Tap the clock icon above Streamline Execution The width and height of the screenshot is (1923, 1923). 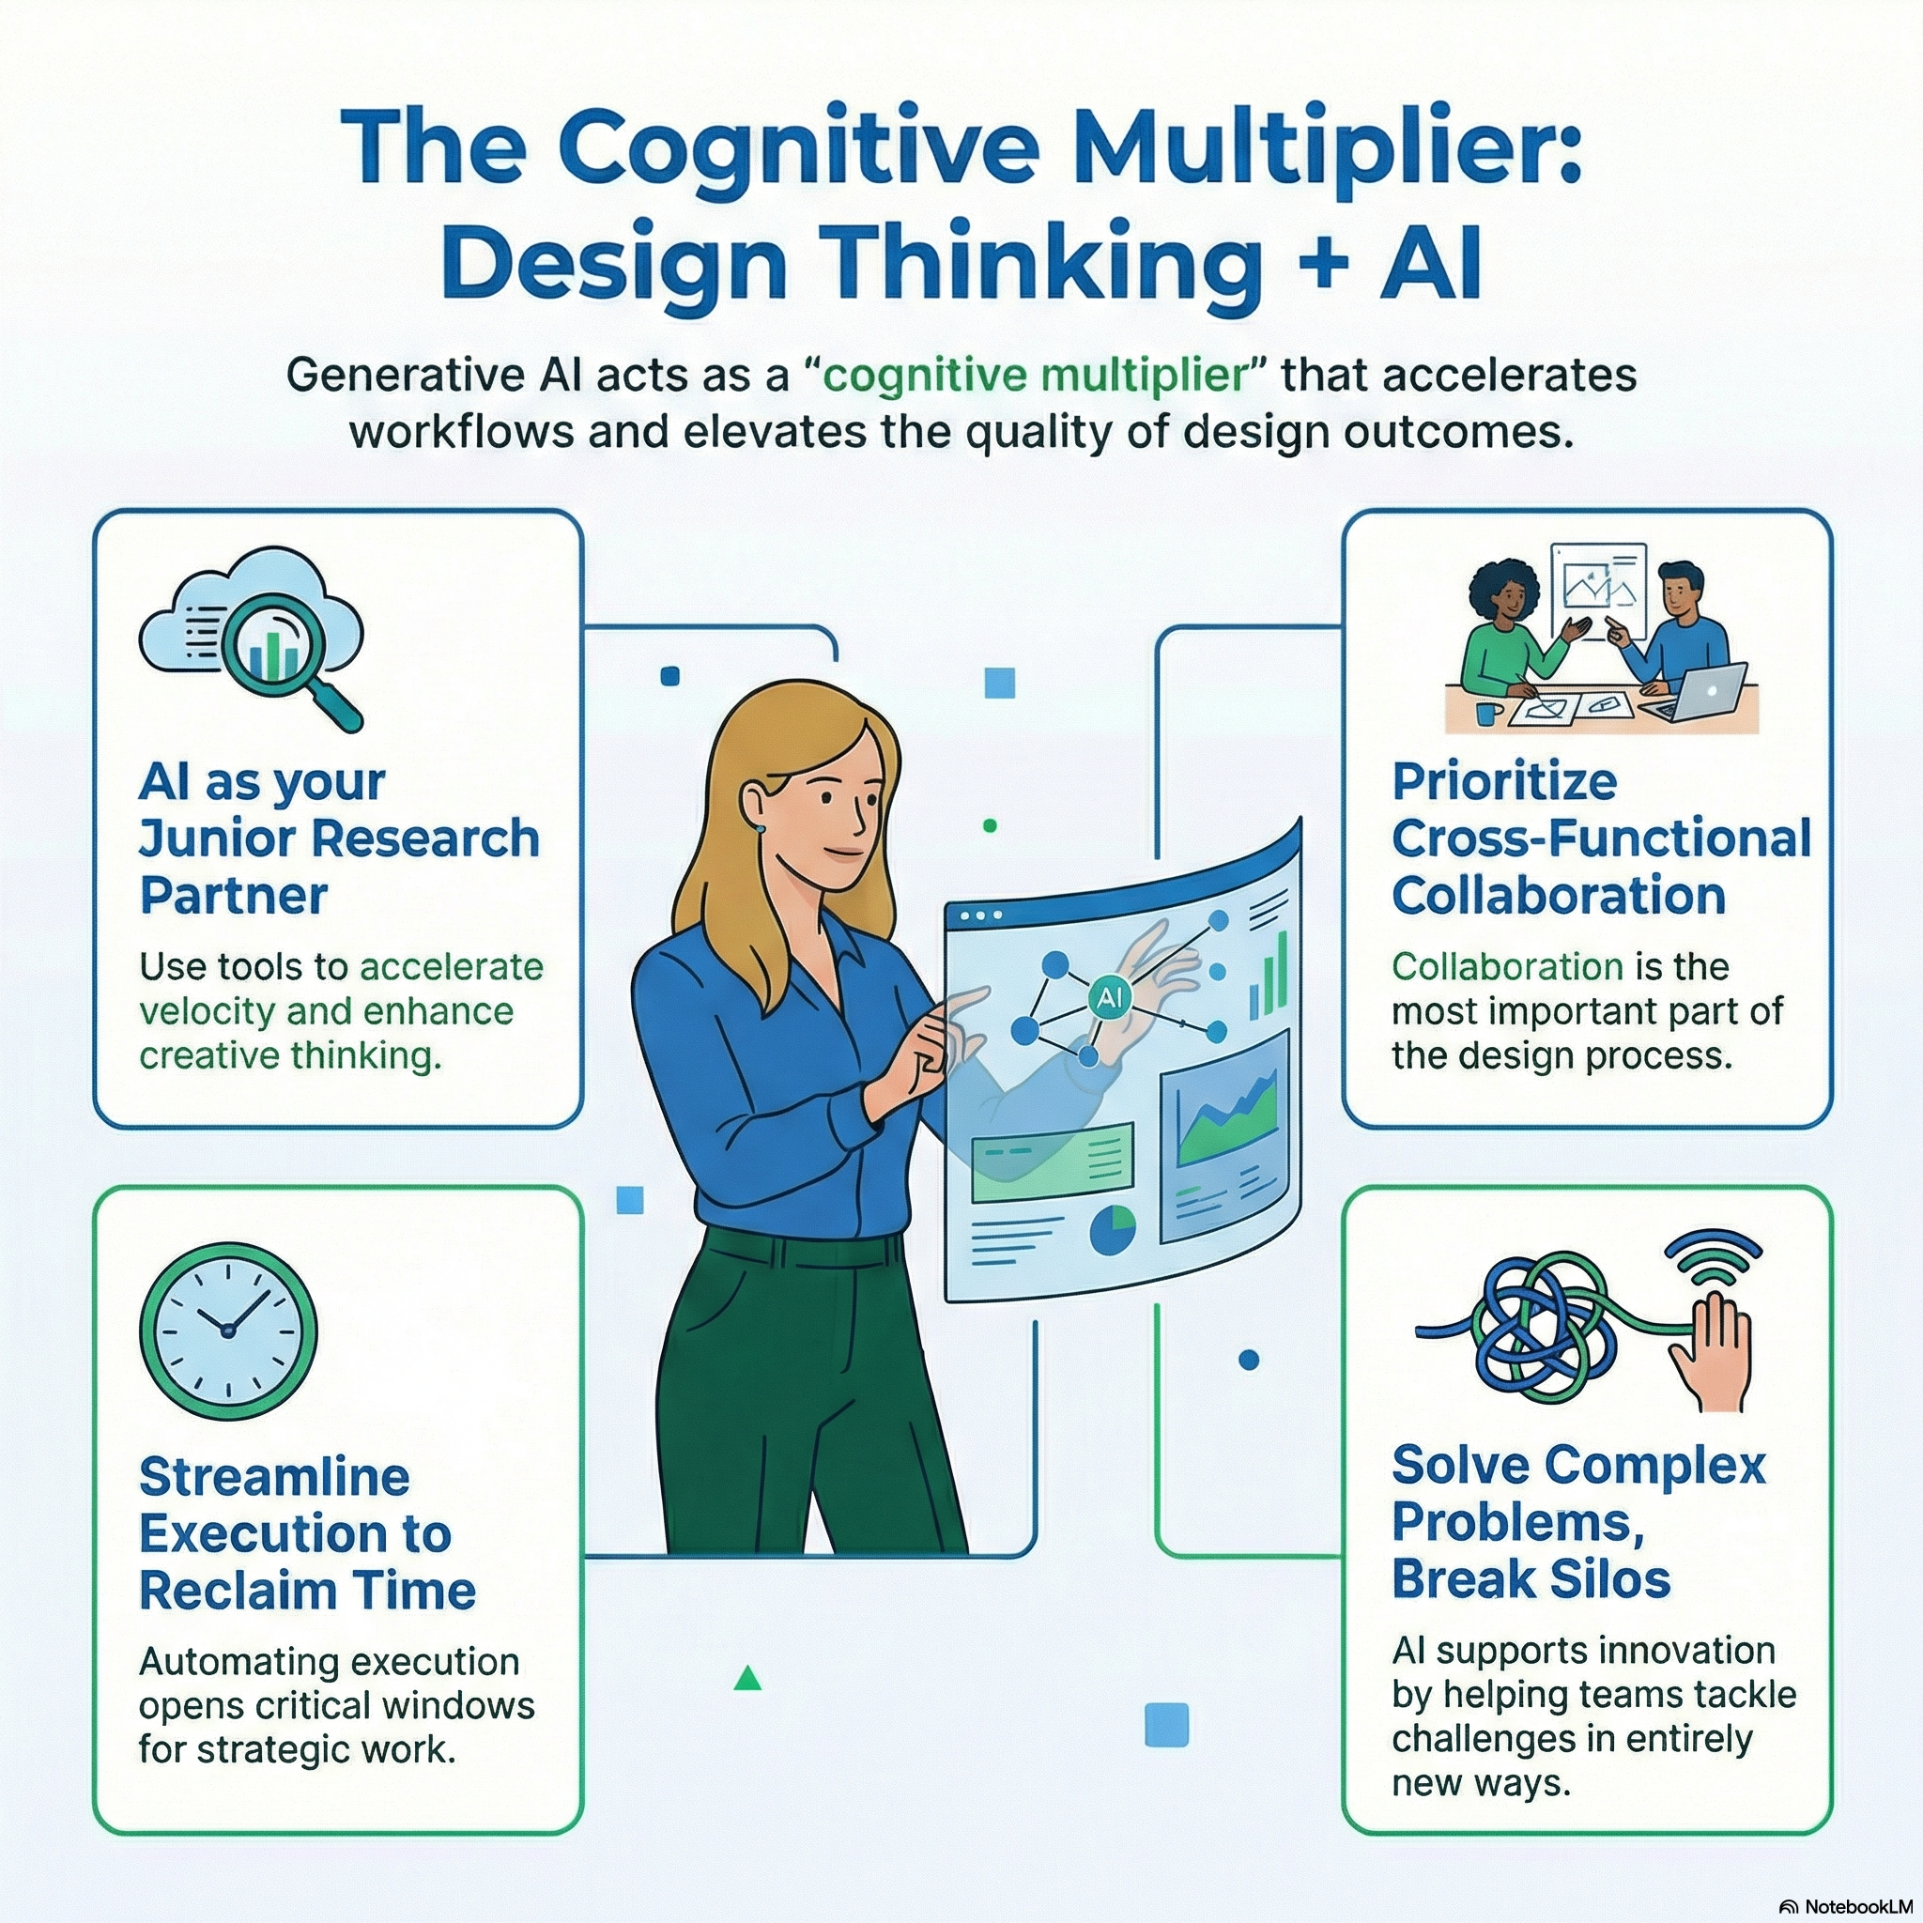click(x=228, y=1329)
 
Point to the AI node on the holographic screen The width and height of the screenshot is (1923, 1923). click(x=1108, y=997)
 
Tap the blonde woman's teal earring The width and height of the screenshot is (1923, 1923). click(x=760, y=827)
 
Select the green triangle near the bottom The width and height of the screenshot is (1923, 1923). click(x=747, y=1679)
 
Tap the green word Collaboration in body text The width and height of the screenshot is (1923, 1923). click(x=1507, y=965)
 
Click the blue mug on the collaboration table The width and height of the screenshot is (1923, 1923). click(x=1489, y=714)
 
